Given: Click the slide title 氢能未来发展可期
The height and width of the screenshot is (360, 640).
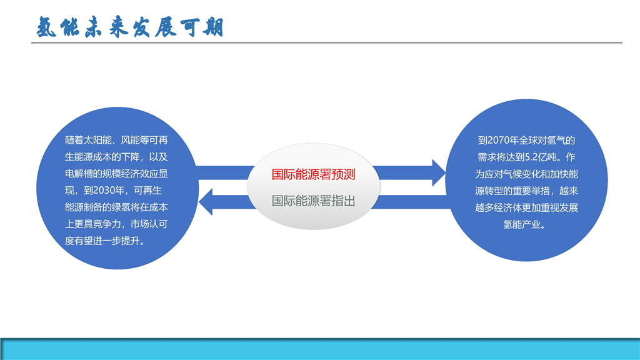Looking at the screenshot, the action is pyautogui.click(x=130, y=27).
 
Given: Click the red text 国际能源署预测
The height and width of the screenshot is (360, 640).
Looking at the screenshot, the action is pyautogui.click(x=314, y=174).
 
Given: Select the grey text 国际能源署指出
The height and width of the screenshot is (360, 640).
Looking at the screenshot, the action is pyautogui.click(x=314, y=201).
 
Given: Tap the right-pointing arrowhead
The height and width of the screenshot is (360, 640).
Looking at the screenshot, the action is pyautogui.click(x=439, y=172).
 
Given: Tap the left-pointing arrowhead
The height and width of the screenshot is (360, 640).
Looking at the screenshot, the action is pyautogui.click(x=205, y=202).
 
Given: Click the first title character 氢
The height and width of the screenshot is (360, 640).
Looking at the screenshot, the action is pyautogui.click(x=46, y=27).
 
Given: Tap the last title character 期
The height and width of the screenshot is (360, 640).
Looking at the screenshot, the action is pyautogui.click(x=214, y=27).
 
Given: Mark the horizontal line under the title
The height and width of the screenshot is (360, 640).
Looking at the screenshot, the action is pyautogui.click(x=326, y=42).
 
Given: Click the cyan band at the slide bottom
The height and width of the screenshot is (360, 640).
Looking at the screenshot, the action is pyautogui.click(x=320, y=349).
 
